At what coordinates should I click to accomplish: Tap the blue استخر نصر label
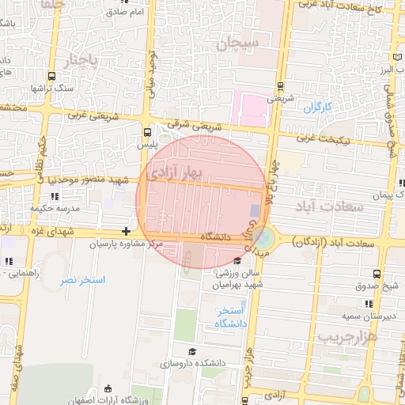pyautogui.click(x=81, y=280)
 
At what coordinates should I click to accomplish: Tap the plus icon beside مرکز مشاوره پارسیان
pyautogui.click(x=126, y=232)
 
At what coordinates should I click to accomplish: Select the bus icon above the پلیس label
pyautogui.click(x=147, y=133)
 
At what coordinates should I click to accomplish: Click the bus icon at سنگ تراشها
pyautogui.click(x=51, y=77)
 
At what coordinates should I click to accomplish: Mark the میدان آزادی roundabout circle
pyautogui.click(x=263, y=237)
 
